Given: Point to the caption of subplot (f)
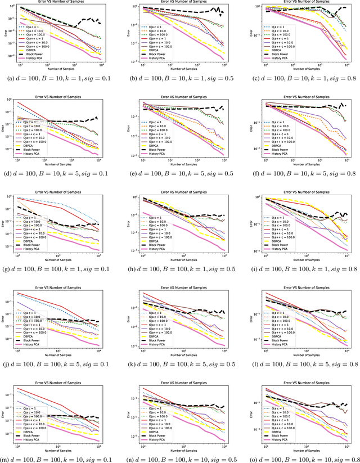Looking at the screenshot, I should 304,175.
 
